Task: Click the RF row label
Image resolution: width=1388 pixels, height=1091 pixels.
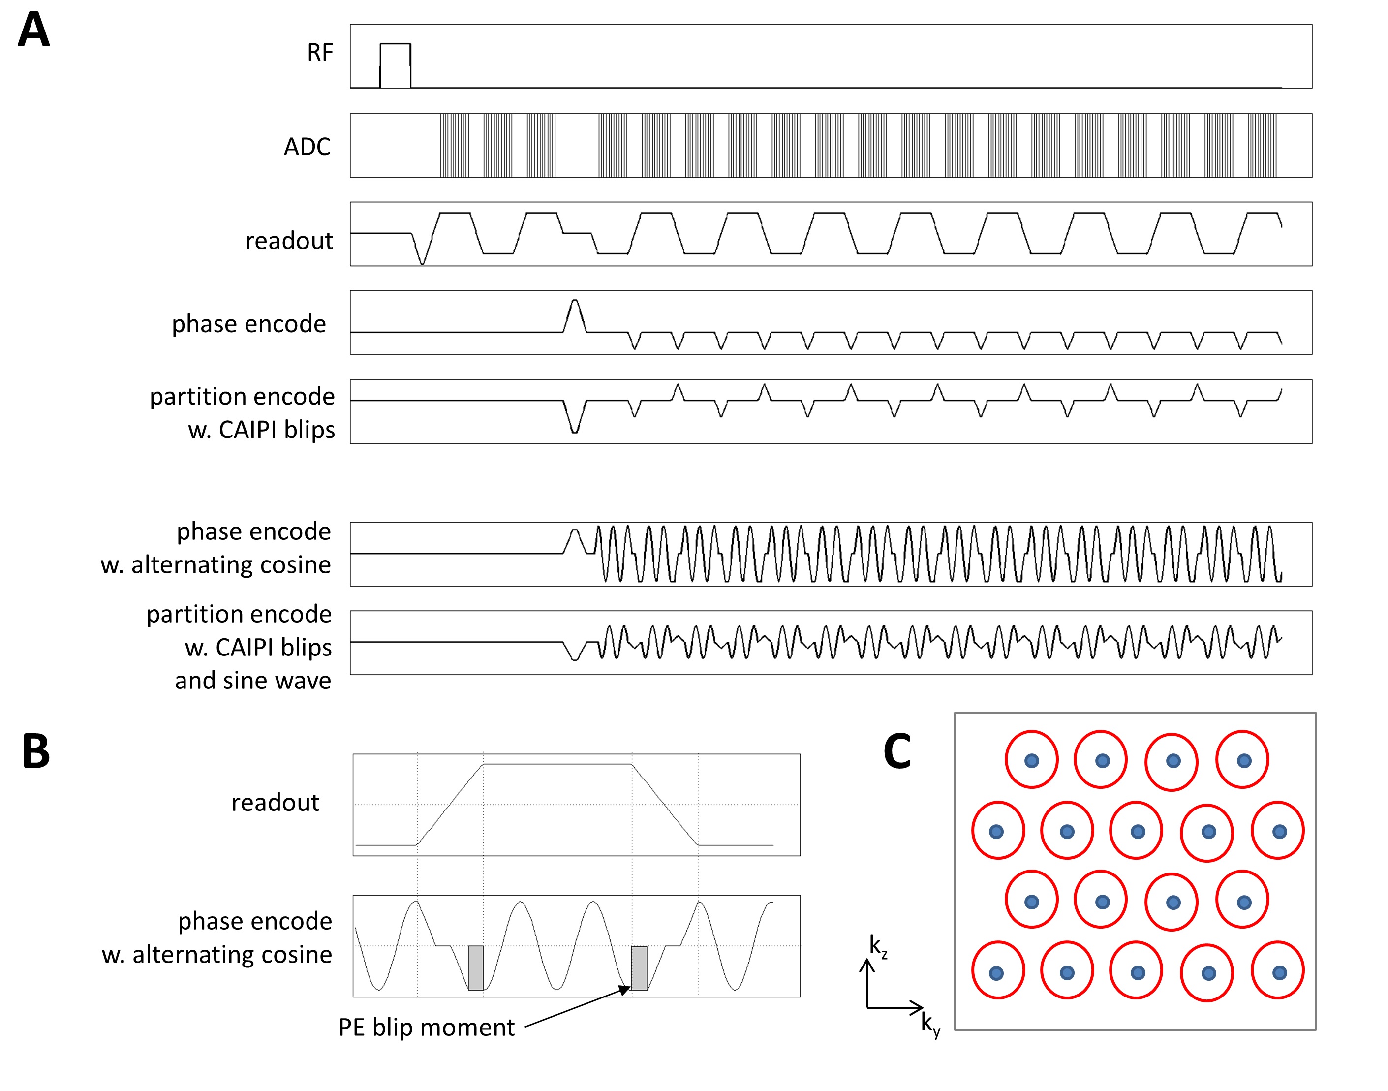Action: [319, 52]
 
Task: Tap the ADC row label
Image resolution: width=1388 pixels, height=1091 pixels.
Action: [307, 147]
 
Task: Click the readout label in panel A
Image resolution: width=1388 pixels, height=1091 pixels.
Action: [289, 241]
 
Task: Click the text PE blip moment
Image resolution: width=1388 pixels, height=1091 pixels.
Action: [426, 1027]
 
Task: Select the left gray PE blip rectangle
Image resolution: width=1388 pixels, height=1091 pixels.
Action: [475, 967]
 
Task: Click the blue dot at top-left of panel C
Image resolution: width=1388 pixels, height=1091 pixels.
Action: [1032, 761]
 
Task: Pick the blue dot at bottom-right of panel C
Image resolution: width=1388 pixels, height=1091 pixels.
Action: [1279, 973]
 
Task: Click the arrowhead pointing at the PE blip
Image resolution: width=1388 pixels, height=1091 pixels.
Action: [625, 991]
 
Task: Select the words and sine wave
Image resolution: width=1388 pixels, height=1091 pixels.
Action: [253, 680]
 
